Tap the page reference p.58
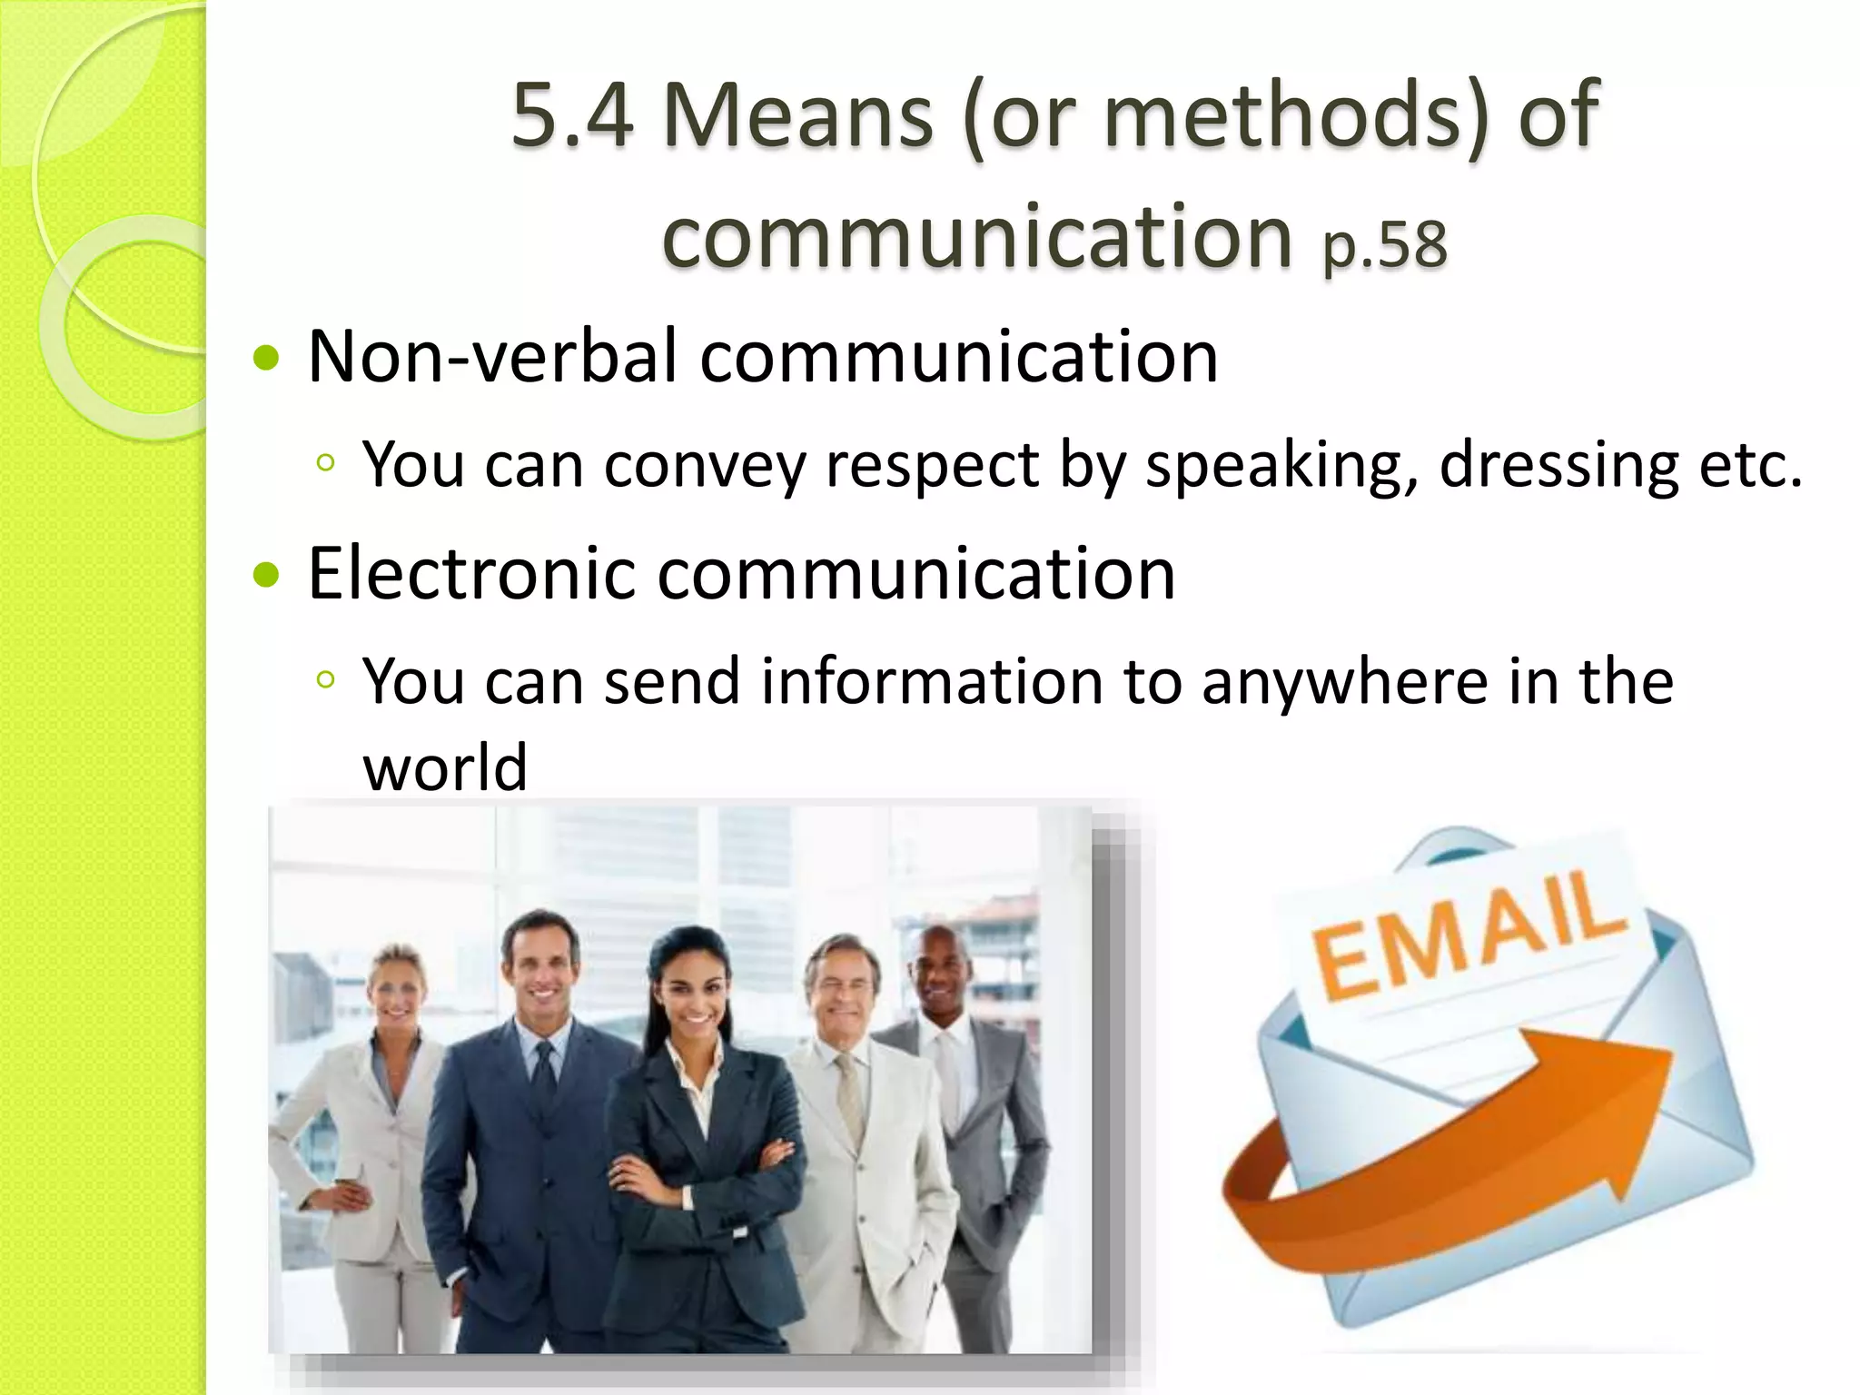point(1384,245)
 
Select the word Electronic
point(471,574)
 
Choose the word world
point(445,767)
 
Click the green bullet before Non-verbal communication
point(266,358)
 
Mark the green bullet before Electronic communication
point(266,575)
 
